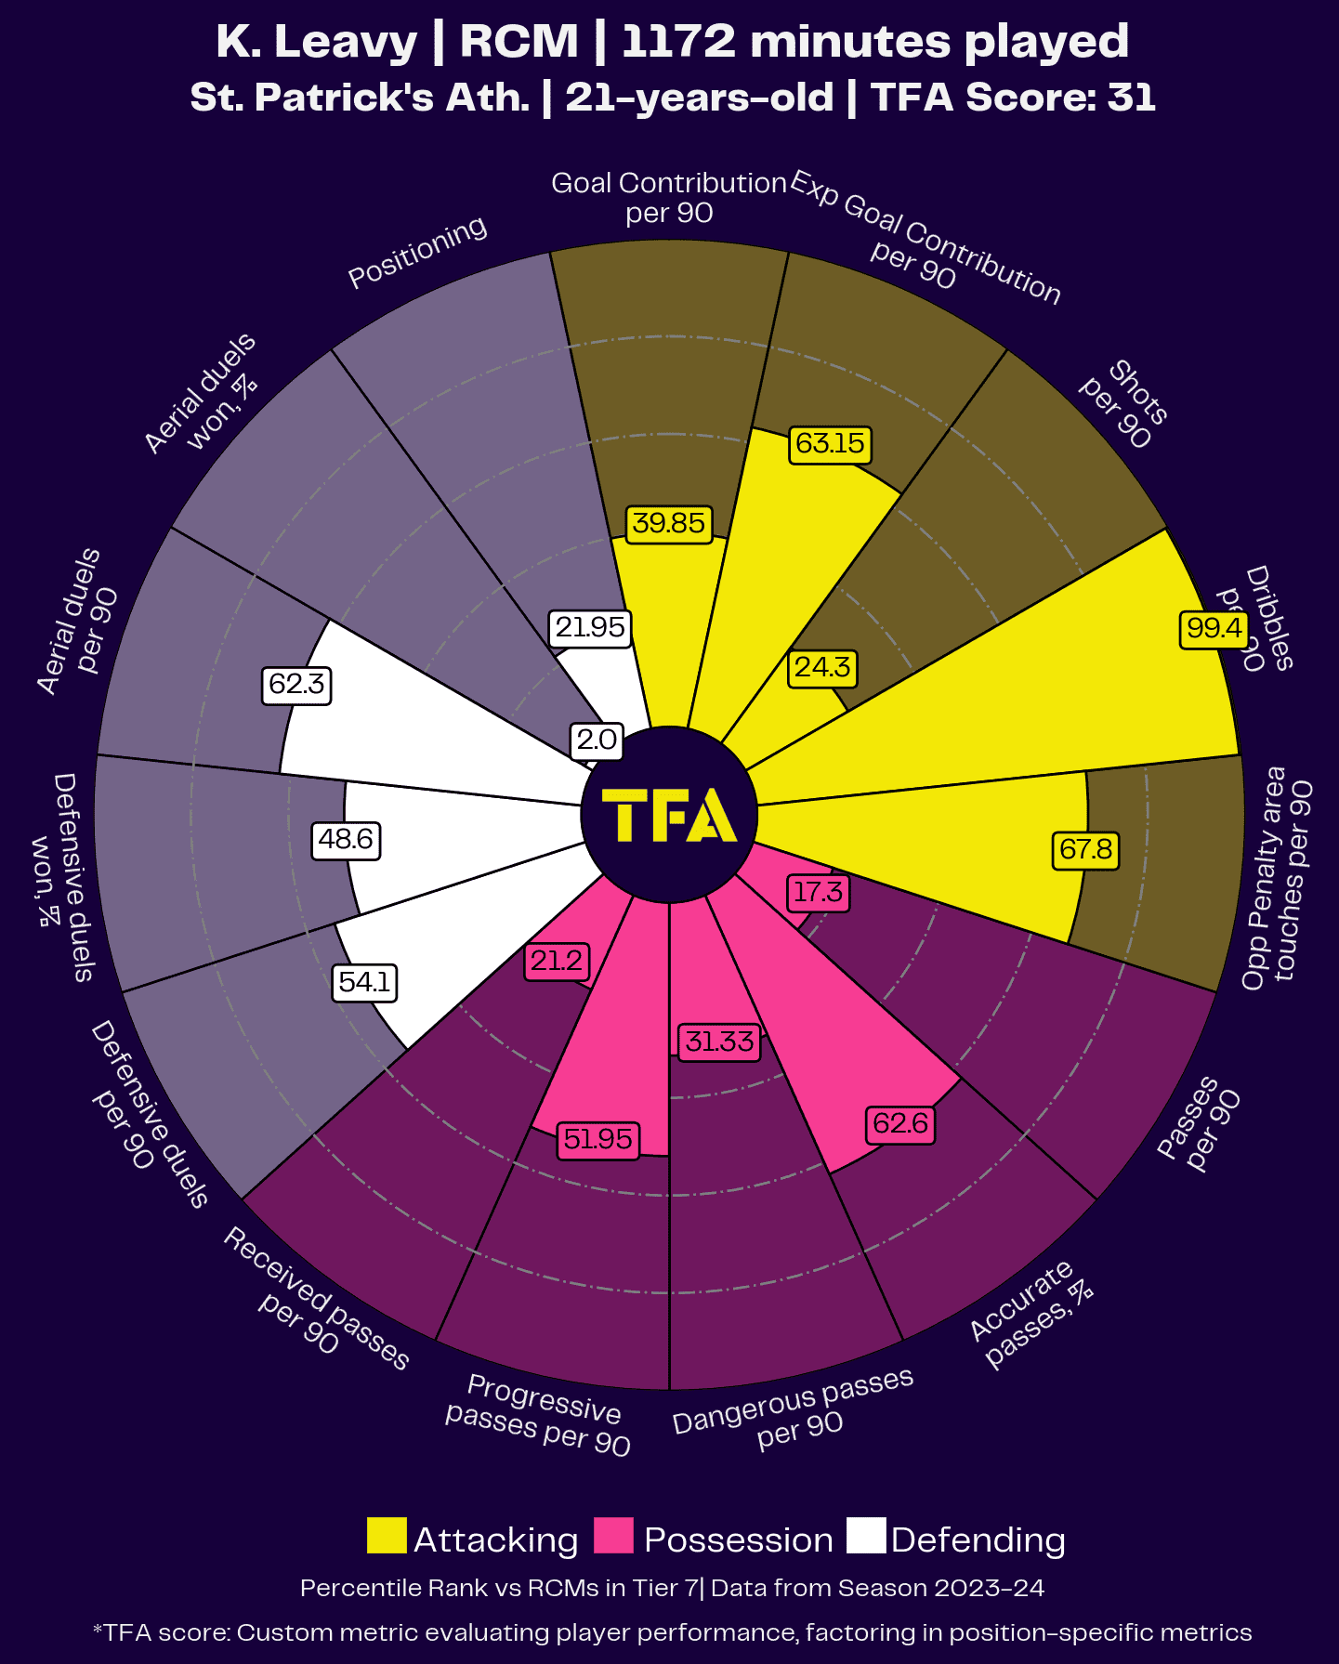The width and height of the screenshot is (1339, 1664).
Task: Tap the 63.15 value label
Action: pos(830,443)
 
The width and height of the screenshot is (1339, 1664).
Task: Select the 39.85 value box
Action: pos(668,523)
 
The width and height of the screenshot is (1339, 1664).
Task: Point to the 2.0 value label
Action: pos(597,740)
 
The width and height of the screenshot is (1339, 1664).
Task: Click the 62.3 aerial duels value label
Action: pos(296,685)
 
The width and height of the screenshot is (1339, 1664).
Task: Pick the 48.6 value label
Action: pos(346,840)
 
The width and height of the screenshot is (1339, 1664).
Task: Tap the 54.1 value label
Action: pos(364,982)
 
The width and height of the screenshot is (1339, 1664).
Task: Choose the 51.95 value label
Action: pos(598,1139)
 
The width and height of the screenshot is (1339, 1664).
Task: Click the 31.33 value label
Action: pos(719,1042)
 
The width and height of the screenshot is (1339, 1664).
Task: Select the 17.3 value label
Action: pos(818,893)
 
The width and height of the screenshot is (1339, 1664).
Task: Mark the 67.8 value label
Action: pos(1085,850)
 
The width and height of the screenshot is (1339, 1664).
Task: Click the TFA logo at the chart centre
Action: pos(669,815)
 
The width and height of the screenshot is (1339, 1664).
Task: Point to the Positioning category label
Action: pos(417,252)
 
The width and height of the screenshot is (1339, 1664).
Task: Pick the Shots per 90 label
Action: pos(1124,404)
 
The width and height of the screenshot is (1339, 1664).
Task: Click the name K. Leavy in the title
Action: pos(317,42)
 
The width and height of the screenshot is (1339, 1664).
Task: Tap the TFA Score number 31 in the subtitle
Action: pos(1132,98)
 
